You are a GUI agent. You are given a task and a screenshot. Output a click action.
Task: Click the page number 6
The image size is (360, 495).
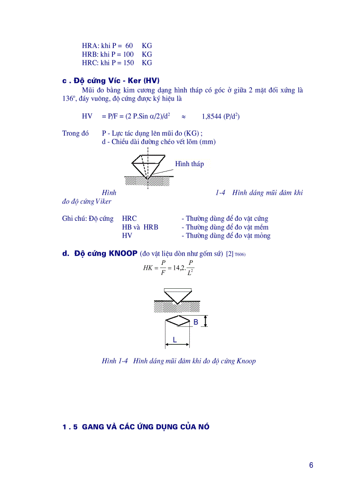311,465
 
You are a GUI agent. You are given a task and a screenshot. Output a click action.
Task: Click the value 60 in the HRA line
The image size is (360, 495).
129,46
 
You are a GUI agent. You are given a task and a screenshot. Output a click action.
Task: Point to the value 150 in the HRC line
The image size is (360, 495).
129,63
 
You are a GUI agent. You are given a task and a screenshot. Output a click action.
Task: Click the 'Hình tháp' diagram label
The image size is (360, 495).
189,164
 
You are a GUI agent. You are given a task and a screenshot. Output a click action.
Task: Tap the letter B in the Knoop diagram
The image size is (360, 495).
195,322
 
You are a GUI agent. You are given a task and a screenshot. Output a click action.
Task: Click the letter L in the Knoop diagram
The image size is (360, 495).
175,340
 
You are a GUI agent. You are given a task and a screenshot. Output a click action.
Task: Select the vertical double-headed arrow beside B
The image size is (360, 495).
206,321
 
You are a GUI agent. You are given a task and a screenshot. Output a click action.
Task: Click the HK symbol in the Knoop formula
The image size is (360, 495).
148,268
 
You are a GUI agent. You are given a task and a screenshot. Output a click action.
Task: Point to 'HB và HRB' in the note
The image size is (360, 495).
140,227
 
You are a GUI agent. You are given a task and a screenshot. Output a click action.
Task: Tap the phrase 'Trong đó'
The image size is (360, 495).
75,134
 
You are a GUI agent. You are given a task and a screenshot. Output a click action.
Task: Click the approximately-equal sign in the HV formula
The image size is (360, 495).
184,117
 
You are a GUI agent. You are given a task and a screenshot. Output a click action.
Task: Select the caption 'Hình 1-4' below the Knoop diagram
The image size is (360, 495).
115,361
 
